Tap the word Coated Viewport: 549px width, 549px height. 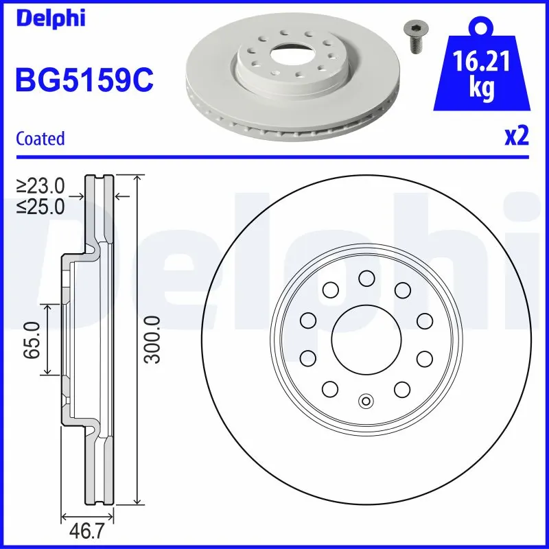40,138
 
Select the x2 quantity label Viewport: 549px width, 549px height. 516,137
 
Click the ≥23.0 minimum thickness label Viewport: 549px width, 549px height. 40,185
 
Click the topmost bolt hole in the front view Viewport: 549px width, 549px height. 366,278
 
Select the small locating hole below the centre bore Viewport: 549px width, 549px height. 366,402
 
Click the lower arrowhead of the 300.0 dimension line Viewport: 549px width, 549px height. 139,500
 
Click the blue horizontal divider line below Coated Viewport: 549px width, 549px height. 274,156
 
